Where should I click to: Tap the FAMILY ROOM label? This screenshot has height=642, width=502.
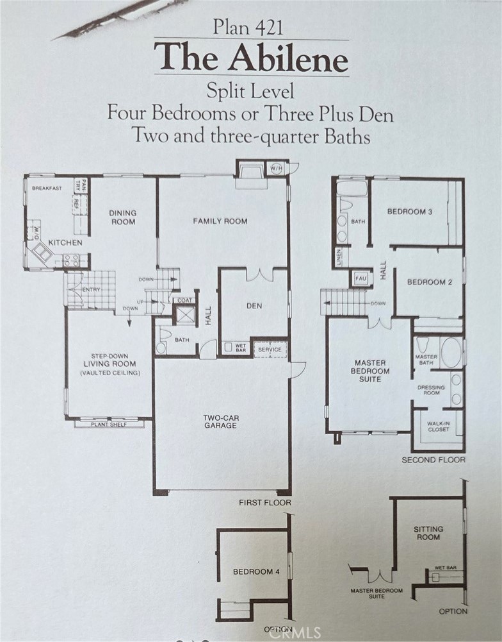220,221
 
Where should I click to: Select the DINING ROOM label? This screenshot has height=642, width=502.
123,217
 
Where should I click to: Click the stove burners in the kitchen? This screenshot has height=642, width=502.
70,260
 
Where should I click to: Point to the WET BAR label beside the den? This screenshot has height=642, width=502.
241,348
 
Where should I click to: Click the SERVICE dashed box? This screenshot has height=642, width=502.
270,350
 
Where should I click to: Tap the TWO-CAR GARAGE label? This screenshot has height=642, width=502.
221,422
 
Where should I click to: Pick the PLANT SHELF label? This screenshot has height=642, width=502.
109,425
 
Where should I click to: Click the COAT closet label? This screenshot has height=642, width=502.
184,300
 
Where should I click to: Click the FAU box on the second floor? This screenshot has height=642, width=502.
360,278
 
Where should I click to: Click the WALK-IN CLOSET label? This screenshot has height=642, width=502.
438,427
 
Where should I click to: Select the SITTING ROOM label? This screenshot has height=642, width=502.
428,533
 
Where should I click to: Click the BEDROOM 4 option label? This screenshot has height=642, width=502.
256,571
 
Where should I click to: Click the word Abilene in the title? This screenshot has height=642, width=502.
288,58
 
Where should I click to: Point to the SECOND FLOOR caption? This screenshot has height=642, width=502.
433,460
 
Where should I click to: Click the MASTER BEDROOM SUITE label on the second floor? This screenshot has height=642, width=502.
370,371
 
